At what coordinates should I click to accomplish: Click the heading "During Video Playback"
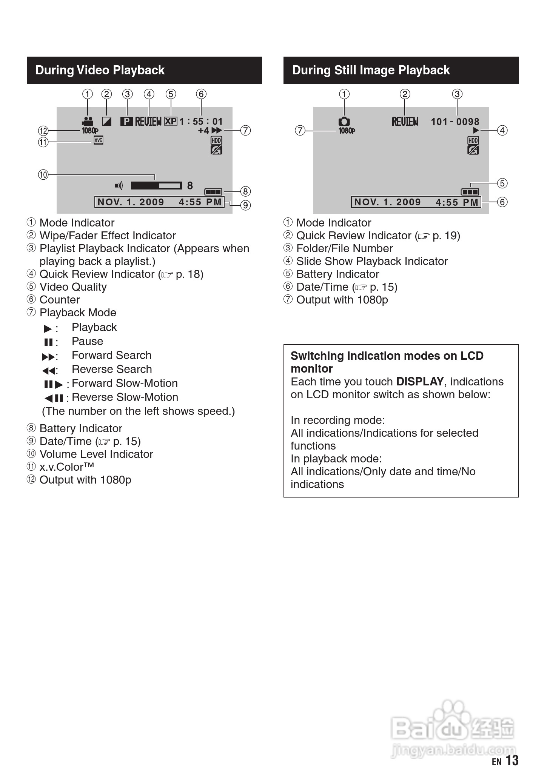100,70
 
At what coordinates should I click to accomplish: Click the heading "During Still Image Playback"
371,70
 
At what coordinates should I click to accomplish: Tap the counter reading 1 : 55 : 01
201,122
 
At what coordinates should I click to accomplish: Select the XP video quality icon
171,121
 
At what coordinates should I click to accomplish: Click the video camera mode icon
88,122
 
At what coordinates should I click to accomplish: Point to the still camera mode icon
344,122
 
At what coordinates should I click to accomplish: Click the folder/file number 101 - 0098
455,122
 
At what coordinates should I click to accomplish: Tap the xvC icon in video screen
98,140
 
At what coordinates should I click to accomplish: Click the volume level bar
156,185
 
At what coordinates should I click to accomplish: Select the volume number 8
190,185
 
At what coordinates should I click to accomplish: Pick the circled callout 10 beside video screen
43,175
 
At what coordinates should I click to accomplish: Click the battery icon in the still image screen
470,192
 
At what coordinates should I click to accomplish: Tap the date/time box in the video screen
159,202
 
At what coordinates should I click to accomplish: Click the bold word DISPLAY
419,382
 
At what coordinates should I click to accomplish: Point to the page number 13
512,760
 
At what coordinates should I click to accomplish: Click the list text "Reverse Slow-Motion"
125,397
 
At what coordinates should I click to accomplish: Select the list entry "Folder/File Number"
344,248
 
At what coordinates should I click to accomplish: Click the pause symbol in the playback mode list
48,342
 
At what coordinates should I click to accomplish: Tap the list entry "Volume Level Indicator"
96,454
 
